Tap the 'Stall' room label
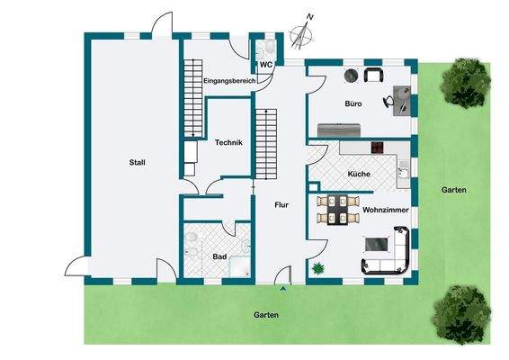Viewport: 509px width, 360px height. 137,162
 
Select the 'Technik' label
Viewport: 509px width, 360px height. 228,141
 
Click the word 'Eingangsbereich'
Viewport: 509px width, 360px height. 230,81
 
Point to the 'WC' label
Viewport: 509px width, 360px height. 266,65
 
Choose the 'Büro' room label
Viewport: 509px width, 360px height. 353,104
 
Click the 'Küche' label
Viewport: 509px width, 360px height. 359,173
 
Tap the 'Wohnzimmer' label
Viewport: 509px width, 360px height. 388,209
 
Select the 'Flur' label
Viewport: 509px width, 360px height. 281,205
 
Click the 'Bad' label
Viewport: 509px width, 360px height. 220,256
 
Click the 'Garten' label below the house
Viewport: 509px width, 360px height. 266,315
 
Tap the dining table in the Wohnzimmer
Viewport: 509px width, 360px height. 338,210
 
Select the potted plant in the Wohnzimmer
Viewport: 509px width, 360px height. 317,267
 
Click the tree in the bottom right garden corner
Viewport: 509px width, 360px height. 460,311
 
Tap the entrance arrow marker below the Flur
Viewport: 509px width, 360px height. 284,289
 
